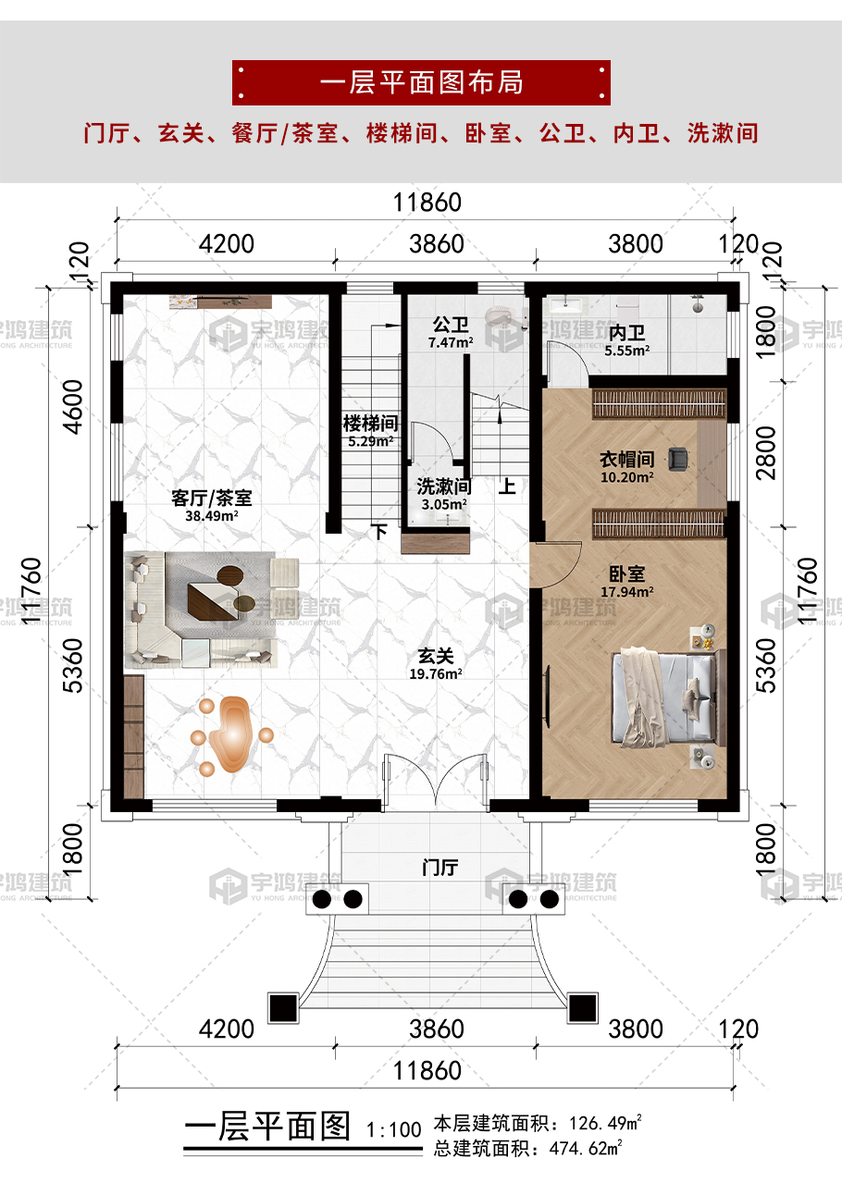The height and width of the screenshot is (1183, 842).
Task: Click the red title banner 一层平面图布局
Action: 421,82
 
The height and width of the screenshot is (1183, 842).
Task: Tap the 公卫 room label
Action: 450,325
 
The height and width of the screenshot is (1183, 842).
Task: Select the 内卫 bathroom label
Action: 626,333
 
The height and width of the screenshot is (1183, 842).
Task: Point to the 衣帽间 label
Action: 626,459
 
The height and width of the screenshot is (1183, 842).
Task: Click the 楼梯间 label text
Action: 370,423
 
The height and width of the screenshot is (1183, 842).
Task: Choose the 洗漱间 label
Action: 444,487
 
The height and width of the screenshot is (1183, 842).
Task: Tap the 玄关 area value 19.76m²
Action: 436,674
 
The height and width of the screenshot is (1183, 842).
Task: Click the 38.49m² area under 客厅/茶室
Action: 211,515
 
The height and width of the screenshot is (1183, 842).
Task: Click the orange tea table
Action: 231,734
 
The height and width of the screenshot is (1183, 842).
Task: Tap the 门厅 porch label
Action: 440,868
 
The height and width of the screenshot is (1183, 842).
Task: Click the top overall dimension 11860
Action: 427,203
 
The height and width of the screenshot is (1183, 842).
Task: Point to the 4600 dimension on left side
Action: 73,407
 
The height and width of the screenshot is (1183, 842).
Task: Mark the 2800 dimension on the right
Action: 766,453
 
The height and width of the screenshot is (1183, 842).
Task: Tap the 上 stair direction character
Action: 507,486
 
